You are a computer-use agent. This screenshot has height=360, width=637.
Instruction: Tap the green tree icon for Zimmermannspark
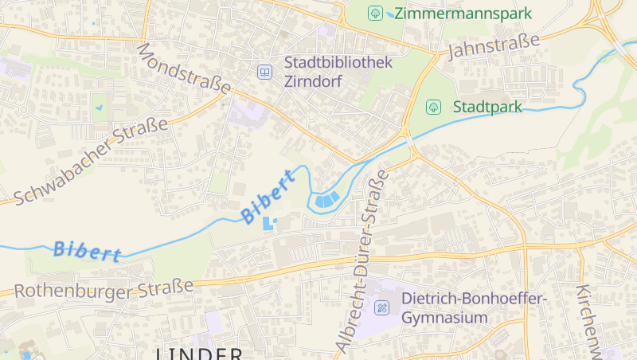coord(375,13)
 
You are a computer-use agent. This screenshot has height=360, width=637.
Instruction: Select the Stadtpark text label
coord(487,106)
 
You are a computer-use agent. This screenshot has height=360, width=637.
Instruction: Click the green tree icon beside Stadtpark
coord(434,106)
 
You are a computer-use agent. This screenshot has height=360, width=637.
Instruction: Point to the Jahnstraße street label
coord(494,47)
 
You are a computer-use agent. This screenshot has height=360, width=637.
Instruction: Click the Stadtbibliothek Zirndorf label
coord(338,71)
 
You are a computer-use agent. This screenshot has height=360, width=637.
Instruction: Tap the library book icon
coord(264,72)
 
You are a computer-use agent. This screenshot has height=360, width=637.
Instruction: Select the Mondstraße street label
coord(183,68)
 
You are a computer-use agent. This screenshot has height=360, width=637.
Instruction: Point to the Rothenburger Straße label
coord(104,288)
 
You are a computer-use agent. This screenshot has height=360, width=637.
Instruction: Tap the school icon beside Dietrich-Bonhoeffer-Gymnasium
coord(382,307)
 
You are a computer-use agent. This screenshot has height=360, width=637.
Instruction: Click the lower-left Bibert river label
coord(87,251)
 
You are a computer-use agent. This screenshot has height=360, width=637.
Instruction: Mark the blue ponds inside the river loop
coord(327,199)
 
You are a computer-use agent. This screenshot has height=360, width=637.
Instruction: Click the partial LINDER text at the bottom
coord(199,353)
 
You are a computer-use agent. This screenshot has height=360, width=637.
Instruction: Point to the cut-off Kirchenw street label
coord(590,319)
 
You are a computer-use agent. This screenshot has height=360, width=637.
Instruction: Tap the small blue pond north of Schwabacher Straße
coord(100,107)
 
